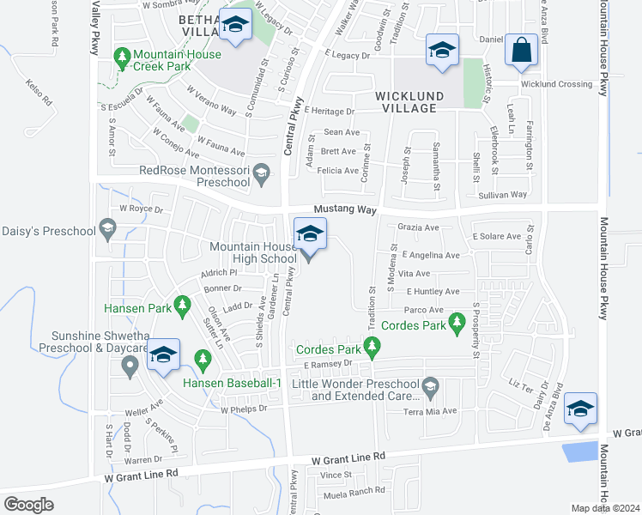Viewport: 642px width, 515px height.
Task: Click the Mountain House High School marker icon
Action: (x=310, y=233)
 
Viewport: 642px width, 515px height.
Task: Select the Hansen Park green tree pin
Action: (x=182, y=304)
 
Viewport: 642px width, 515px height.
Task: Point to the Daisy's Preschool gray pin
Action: (x=107, y=228)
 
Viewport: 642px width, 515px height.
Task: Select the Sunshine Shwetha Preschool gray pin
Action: (x=130, y=367)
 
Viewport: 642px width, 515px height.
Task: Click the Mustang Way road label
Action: (x=345, y=209)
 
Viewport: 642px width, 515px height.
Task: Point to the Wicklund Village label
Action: (x=407, y=96)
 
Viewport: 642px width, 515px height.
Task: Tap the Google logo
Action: (x=29, y=504)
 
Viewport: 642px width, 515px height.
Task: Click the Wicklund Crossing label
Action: (x=556, y=84)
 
